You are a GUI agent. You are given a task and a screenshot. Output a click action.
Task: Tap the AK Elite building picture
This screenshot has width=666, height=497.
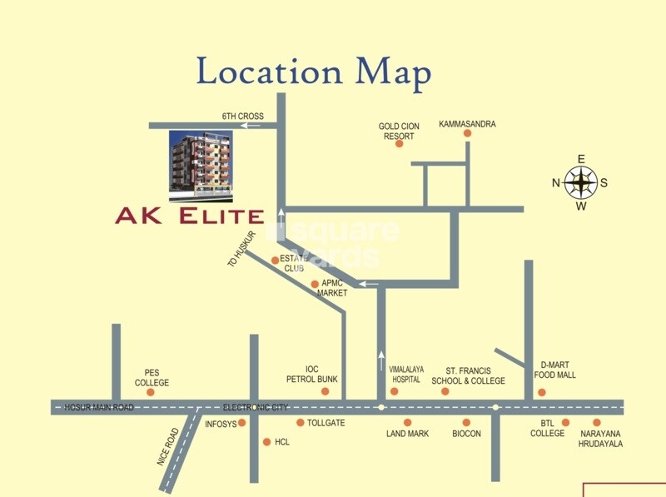pos(201,166)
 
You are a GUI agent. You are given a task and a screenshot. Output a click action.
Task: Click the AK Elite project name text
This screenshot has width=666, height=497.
pos(190,216)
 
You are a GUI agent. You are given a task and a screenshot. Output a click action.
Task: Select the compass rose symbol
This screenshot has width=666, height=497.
pos(581,182)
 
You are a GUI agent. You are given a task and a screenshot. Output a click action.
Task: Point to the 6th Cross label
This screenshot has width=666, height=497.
pos(242,116)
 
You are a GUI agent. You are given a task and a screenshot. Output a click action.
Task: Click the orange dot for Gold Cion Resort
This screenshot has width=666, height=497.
pos(399,143)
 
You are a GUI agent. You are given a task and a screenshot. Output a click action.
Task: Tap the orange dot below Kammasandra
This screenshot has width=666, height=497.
pos(467,133)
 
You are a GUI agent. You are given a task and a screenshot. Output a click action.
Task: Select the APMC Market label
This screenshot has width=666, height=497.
pos(332,288)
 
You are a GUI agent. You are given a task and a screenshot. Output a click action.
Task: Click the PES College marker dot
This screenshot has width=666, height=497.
pos(151,392)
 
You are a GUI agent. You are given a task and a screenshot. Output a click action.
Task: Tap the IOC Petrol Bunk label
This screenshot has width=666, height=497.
pos(323,375)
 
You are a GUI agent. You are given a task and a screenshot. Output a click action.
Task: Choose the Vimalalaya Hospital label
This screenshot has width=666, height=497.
pos(406,375)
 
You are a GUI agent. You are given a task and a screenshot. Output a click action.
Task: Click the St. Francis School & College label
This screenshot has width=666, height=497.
pos(468,375)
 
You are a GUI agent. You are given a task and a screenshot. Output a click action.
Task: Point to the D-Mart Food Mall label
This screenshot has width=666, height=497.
pos(557,370)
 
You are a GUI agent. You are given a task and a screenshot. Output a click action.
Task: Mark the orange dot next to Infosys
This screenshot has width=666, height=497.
pos(242,423)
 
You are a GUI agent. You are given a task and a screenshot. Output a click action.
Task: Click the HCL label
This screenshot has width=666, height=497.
pos(282,442)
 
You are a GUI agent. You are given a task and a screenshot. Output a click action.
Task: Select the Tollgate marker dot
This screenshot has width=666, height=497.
pos(301,422)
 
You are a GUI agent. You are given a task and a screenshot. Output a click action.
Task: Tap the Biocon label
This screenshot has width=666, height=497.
pos(466,434)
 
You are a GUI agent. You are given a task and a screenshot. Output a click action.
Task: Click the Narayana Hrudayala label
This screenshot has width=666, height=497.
pos(600,439)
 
